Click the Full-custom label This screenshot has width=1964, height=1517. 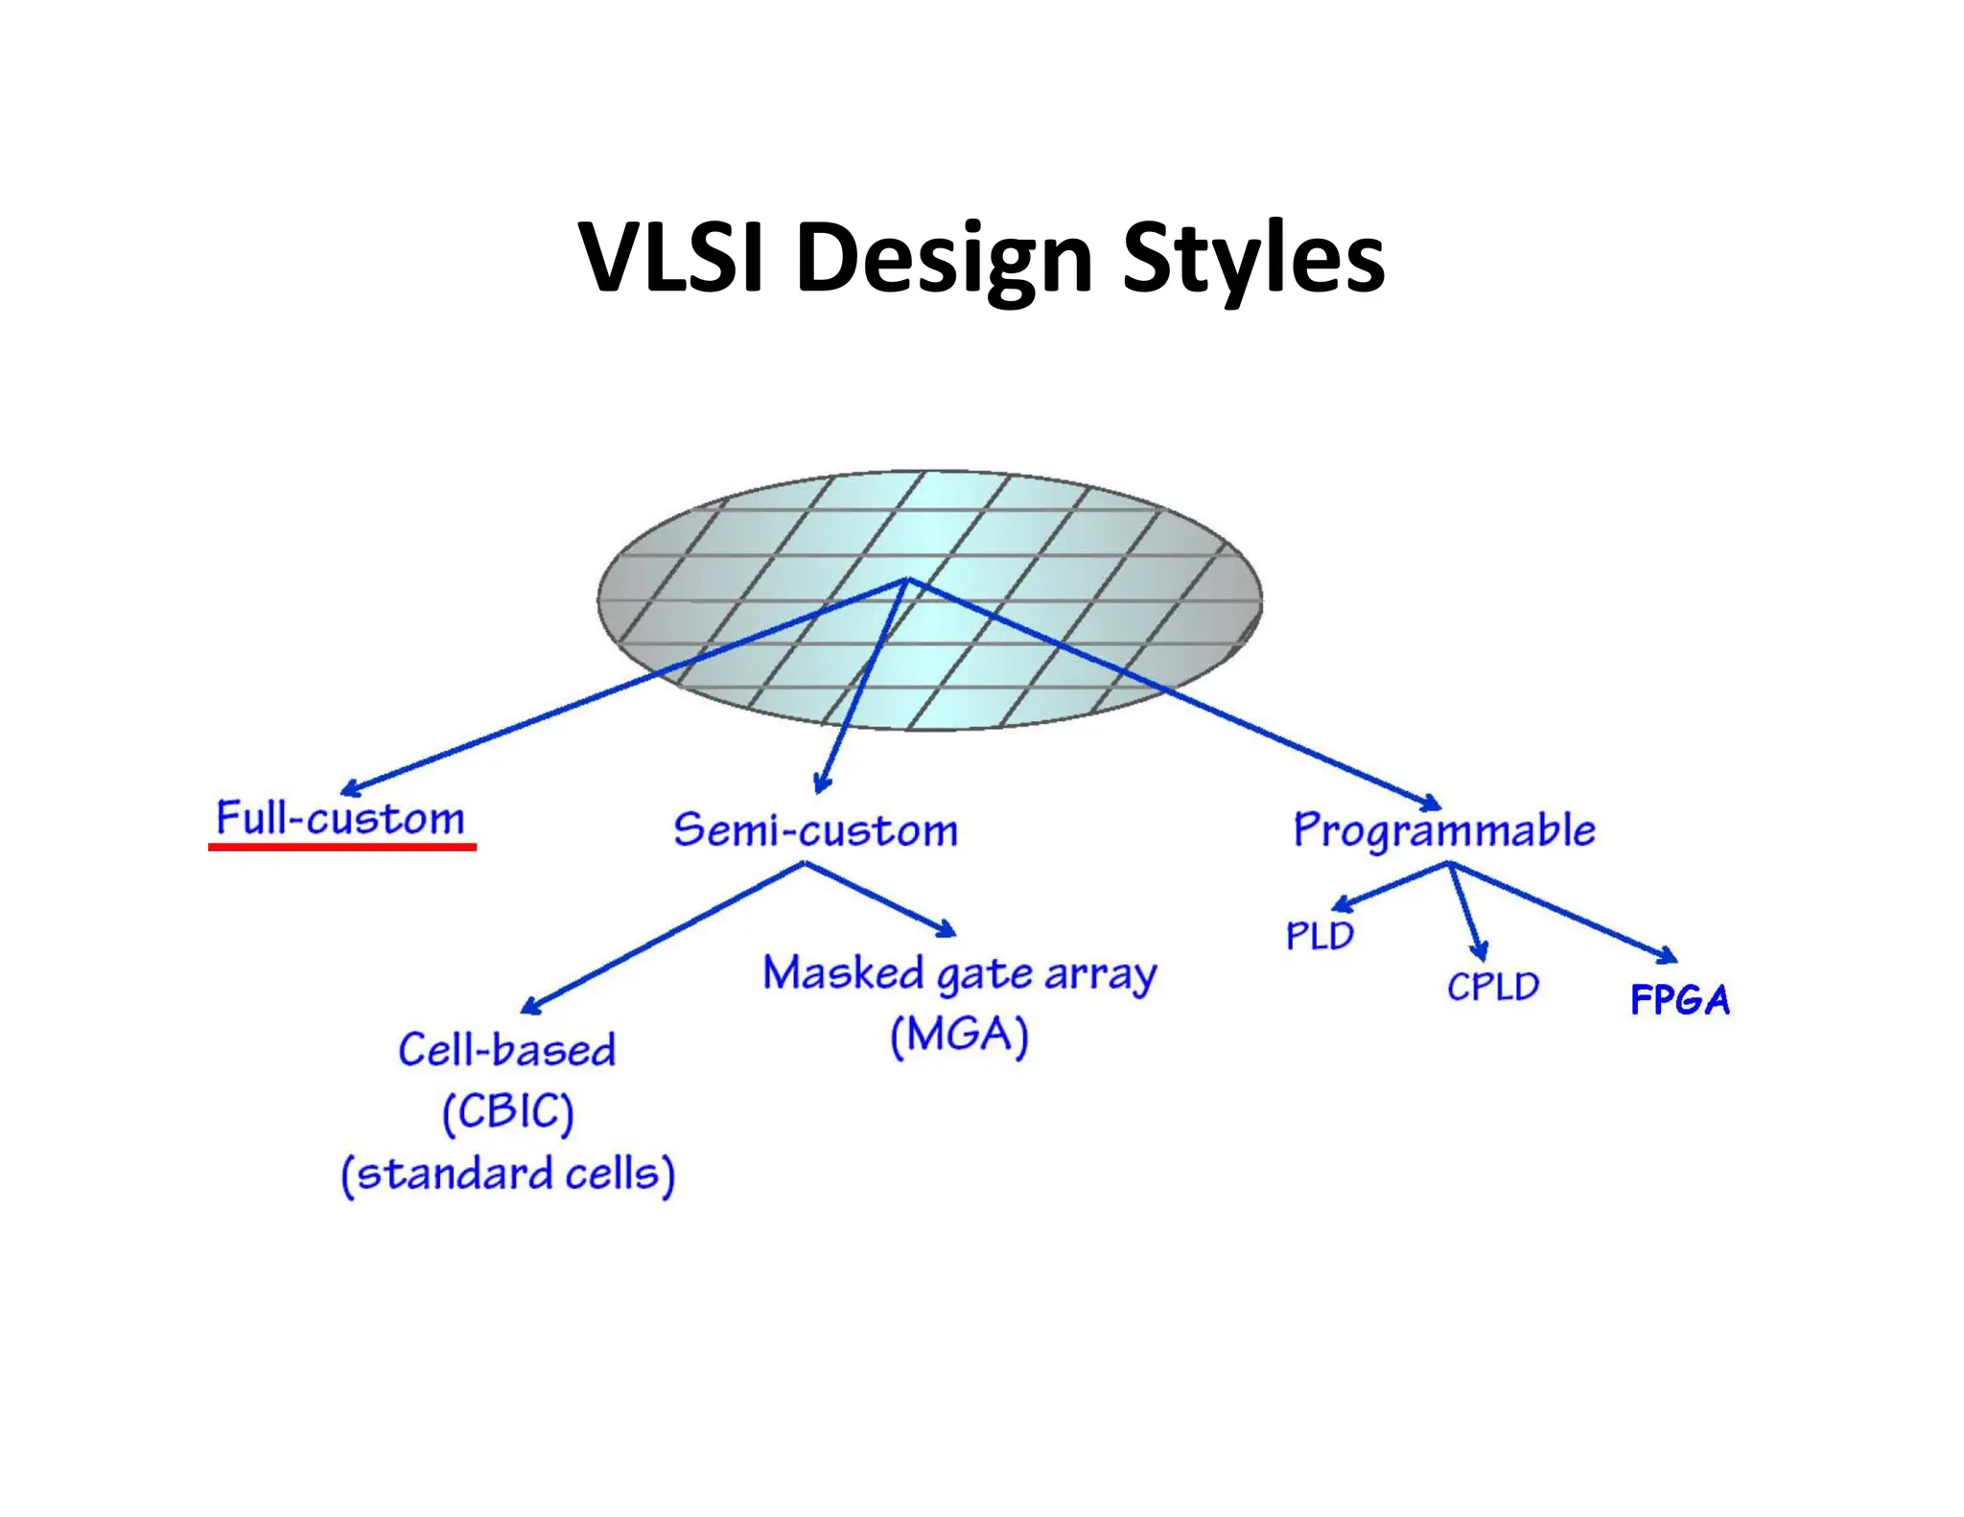(x=340, y=819)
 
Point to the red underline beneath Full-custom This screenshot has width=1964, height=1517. (x=342, y=847)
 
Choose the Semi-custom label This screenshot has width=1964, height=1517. (x=815, y=830)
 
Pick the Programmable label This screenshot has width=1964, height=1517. (x=1444, y=830)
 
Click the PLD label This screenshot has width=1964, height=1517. (x=1320, y=936)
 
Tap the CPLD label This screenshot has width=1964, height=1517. (x=1493, y=987)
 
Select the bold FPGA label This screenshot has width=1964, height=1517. (x=1680, y=1000)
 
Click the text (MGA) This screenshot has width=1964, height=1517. (x=959, y=1036)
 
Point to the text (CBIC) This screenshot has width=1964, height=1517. (x=507, y=1112)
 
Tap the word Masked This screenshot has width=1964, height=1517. (x=843, y=973)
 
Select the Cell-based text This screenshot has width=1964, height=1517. (x=507, y=1050)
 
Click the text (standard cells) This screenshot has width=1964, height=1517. (x=508, y=1175)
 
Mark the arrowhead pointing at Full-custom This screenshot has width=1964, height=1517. (x=349, y=789)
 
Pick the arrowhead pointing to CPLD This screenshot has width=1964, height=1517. (x=1481, y=951)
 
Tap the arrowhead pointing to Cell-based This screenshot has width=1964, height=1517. (x=530, y=1006)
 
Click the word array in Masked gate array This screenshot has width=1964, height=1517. (x=1100, y=975)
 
